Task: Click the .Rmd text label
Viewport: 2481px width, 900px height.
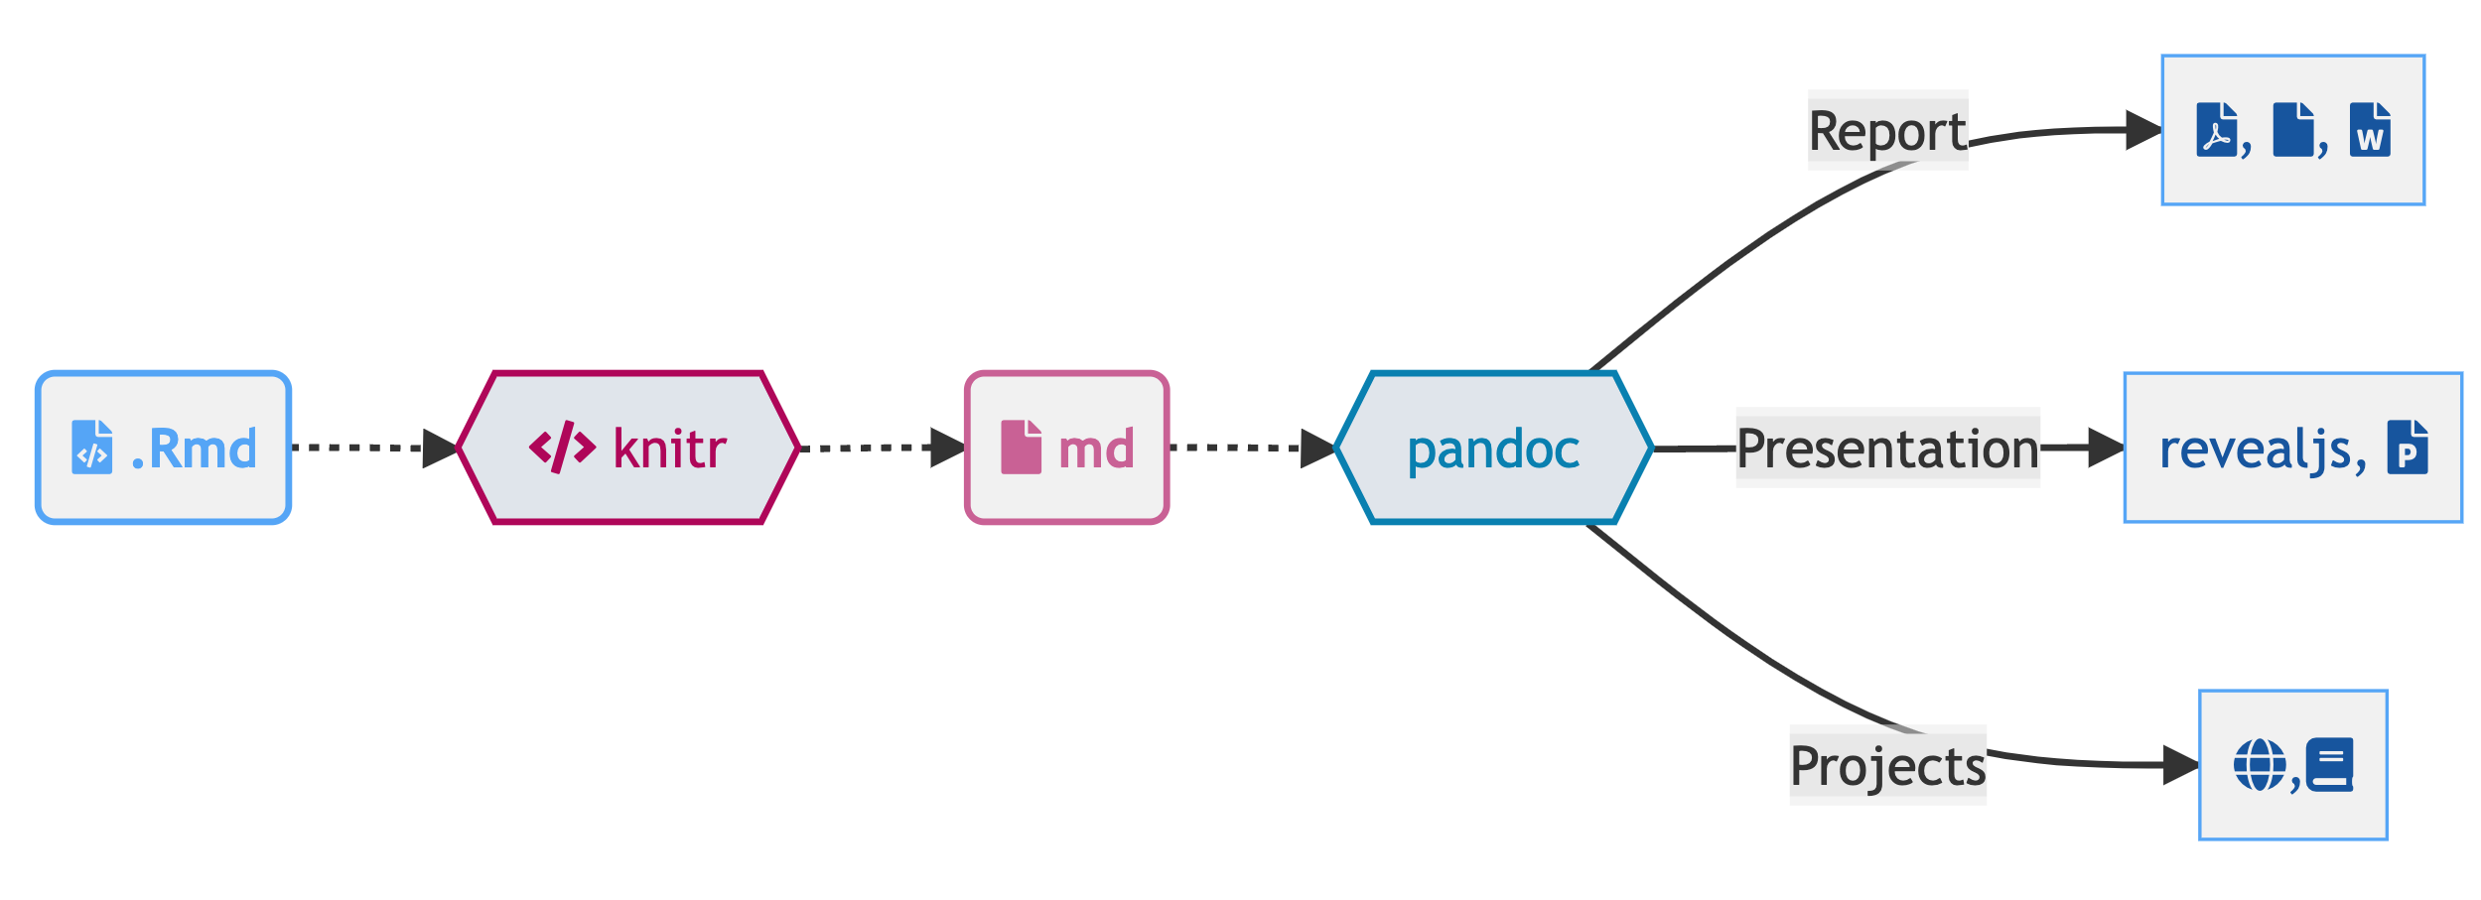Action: coord(195,449)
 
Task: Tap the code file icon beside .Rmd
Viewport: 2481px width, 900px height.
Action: coord(91,448)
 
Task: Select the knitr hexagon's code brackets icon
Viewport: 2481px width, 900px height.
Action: coord(562,448)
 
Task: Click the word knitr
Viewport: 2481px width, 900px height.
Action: coord(669,449)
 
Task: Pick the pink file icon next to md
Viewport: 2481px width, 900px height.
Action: coord(1021,448)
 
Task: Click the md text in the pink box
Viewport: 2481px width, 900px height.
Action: coord(1096,450)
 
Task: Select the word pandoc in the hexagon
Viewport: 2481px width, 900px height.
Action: coord(1493,450)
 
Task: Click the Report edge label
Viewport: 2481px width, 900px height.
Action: coord(1886,131)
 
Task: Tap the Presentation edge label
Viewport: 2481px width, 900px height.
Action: coord(1887,449)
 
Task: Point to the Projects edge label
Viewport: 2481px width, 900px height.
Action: coord(1887,766)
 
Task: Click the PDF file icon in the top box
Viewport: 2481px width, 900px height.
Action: coord(2217,130)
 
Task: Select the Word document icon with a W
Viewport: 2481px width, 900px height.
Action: coord(2370,130)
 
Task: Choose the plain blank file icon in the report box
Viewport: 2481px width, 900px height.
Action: coord(2293,130)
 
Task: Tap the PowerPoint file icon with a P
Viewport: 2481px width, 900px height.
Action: coord(2408,448)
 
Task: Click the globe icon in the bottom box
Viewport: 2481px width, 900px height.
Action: coord(2260,765)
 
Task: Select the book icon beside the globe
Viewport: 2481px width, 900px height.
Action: coord(2329,765)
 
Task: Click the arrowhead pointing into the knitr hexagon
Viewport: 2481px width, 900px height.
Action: coord(439,449)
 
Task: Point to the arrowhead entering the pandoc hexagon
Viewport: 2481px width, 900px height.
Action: coord(1316,449)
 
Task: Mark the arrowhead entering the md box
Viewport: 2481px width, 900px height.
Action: coord(947,449)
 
